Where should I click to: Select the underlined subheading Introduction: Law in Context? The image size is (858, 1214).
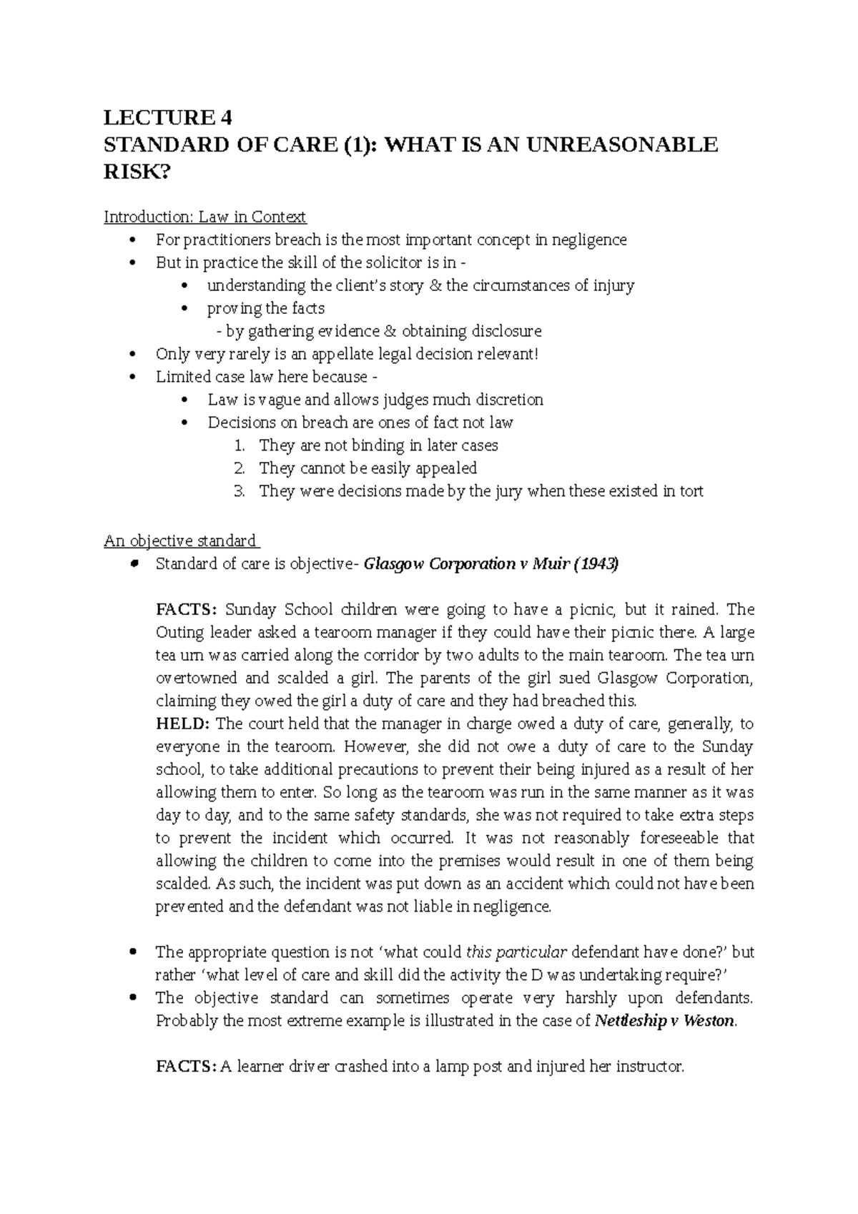click(x=204, y=217)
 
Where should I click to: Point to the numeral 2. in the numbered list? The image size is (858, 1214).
click(x=240, y=468)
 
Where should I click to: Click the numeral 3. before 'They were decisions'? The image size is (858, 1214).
click(x=240, y=491)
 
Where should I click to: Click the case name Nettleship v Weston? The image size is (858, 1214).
click(x=664, y=1021)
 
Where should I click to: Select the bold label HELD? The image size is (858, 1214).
click(x=183, y=724)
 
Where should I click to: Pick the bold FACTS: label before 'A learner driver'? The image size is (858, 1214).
click(x=185, y=1067)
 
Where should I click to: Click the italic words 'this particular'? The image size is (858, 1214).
click(x=516, y=952)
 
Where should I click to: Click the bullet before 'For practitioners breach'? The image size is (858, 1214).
click(x=132, y=240)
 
